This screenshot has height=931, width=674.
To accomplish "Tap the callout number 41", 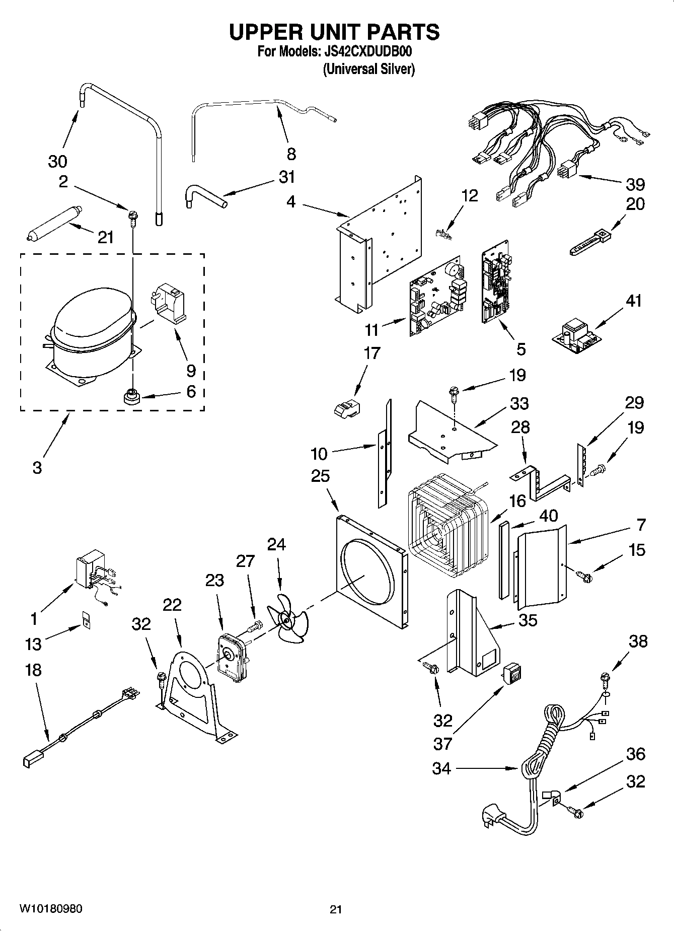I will [x=634, y=301].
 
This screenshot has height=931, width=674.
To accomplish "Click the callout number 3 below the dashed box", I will [x=37, y=467].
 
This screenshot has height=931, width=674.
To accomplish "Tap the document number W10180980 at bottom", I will [x=51, y=909].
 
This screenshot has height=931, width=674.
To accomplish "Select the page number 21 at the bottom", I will [x=336, y=909].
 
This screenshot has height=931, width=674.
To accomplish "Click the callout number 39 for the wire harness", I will [x=635, y=184].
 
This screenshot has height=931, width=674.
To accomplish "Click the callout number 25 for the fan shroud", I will [x=320, y=476].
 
